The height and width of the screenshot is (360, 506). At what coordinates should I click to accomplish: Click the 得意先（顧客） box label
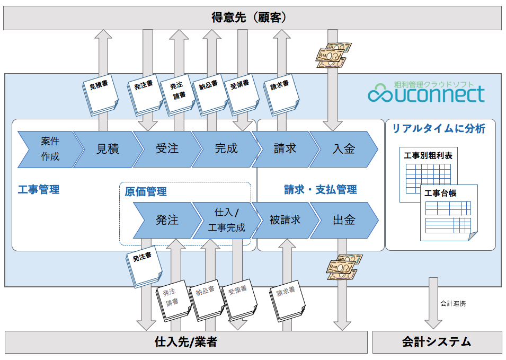[253, 18]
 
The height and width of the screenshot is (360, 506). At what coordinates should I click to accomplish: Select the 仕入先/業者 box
[185, 342]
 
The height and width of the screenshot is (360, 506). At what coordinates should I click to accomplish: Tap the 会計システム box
[437, 342]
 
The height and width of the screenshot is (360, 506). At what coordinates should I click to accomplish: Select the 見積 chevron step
[108, 149]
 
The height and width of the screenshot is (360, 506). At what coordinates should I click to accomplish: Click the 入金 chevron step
[343, 149]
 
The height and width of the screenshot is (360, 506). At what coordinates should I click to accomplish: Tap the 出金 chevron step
[344, 220]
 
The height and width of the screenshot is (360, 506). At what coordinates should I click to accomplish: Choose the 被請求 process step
[285, 220]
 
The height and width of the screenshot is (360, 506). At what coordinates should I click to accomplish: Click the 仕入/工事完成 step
[225, 220]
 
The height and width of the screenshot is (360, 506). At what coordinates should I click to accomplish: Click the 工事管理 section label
[38, 189]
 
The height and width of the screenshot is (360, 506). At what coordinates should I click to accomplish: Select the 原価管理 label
[146, 191]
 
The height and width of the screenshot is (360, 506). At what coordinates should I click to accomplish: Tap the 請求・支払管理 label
[320, 189]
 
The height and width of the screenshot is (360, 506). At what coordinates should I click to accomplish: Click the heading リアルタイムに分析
[438, 129]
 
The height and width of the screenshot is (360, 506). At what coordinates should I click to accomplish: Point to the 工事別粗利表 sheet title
[428, 156]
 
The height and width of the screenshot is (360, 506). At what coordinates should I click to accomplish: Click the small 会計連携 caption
[453, 304]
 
